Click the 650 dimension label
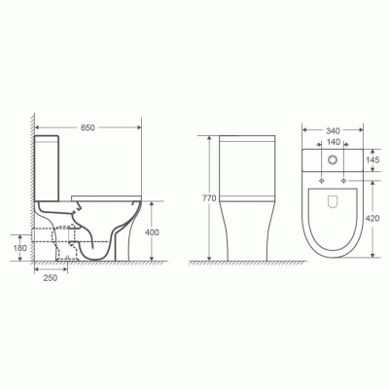click(x=88, y=127)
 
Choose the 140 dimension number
click(x=334, y=140)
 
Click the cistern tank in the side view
click(x=53, y=165)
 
